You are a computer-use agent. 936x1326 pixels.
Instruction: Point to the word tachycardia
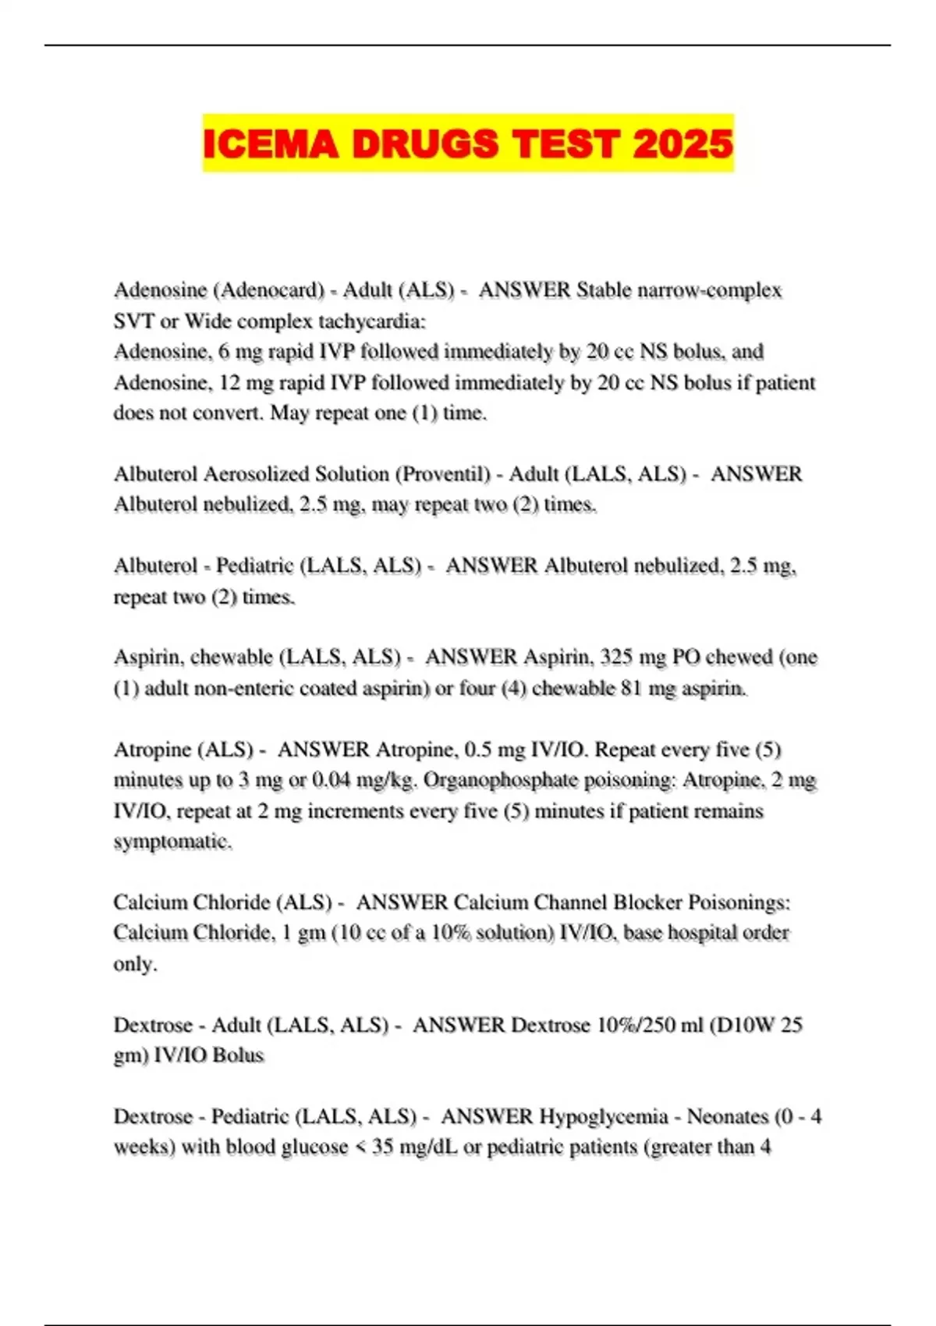(x=371, y=321)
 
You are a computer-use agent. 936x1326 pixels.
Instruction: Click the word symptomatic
(x=172, y=842)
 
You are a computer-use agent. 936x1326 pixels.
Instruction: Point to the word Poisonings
(x=740, y=902)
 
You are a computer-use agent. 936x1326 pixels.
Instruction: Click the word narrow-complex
(x=710, y=290)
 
